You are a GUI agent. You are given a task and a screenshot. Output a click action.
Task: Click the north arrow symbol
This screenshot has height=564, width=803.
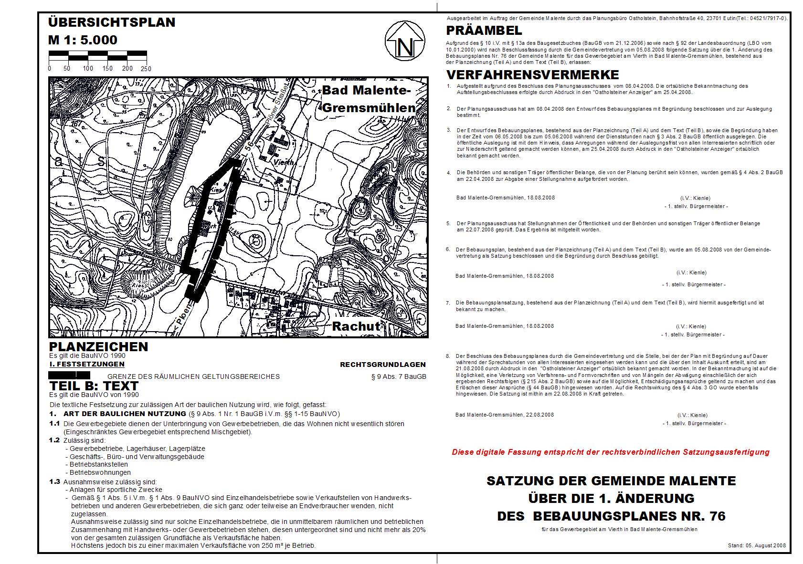click(405, 41)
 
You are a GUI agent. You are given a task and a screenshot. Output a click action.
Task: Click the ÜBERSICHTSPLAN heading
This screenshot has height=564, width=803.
click(112, 22)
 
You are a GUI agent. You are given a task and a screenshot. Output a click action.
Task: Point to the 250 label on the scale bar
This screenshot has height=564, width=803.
click(146, 69)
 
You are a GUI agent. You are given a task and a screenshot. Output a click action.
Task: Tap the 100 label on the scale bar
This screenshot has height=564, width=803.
click(88, 69)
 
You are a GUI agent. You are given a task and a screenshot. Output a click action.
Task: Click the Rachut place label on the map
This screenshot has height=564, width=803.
click(356, 326)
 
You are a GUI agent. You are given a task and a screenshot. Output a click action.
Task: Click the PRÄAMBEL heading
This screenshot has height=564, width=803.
click(484, 31)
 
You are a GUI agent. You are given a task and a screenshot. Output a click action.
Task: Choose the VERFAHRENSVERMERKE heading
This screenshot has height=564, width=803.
click(532, 75)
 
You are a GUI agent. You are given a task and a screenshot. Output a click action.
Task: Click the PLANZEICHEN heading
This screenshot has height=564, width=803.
click(98, 347)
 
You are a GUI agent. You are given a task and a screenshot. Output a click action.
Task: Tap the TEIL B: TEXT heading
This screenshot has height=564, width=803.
click(94, 386)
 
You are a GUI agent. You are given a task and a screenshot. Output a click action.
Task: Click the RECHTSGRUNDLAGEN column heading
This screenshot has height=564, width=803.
click(382, 365)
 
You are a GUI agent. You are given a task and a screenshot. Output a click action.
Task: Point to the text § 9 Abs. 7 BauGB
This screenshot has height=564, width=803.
click(399, 376)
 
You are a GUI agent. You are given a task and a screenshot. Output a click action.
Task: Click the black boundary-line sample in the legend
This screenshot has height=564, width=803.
click(70, 376)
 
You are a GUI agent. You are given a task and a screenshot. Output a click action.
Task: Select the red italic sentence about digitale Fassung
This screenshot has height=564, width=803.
click(611, 452)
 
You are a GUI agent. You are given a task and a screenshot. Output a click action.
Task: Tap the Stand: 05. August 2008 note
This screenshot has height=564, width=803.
click(757, 545)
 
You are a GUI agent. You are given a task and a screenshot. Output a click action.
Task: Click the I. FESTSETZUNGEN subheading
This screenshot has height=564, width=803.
click(87, 364)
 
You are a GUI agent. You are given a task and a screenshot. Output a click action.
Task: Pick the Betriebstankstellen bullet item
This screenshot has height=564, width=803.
click(98, 464)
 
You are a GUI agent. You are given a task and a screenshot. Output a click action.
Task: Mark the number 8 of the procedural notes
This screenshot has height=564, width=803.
click(448, 356)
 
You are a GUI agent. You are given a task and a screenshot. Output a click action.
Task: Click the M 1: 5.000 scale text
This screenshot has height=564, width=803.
click(83, 40)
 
